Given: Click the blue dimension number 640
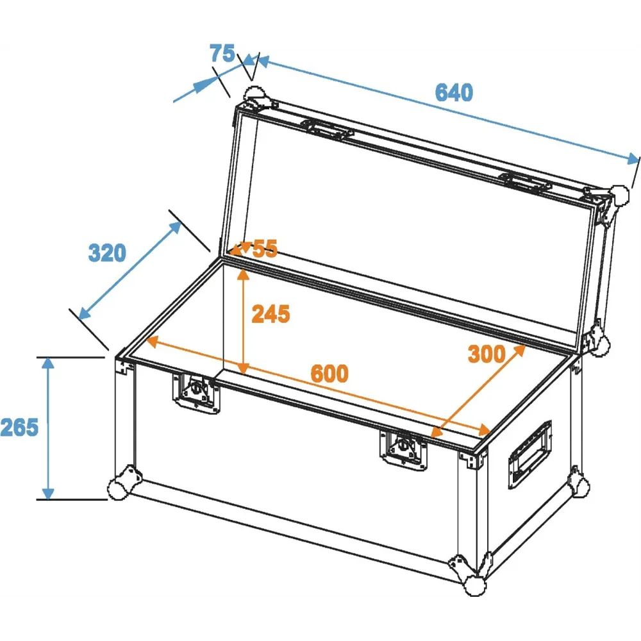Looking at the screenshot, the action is point(454,92).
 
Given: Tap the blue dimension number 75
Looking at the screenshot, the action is point(222,53).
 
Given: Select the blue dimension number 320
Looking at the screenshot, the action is point(107,253).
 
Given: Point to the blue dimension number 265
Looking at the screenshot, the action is point(19,427).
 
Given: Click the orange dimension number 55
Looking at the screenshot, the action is point(265,248).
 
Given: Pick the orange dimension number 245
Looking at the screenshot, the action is point(271,314).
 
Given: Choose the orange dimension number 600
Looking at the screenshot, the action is point(329,373).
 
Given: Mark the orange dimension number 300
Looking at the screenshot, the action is point(487,354).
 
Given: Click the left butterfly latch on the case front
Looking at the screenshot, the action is point(196,392).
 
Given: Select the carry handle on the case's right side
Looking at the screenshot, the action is point(529,454).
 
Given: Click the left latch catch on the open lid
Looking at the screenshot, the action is point(327,129).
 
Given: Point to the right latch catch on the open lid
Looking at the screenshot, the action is point(526,183).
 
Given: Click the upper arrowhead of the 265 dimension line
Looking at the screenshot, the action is point(48,363).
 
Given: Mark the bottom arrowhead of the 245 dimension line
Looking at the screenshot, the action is point(243,369).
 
